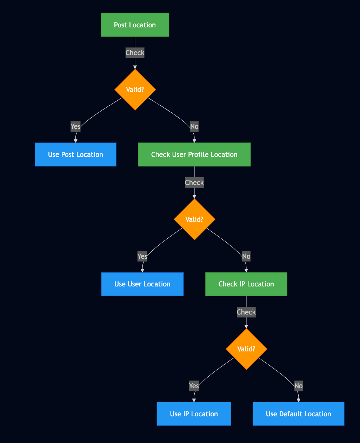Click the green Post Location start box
135,25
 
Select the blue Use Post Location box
75,154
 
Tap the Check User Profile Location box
194,154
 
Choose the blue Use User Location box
142,284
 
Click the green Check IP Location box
246,284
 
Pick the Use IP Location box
194,414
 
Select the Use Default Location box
298,414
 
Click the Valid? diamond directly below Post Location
135,90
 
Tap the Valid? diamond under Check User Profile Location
194,219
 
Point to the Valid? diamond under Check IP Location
246,349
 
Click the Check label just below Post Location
135,53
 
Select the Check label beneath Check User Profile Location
194,183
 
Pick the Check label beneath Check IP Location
246,312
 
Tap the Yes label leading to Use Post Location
75,126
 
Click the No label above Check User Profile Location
194,126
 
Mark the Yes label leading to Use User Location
142,256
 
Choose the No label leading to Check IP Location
246,256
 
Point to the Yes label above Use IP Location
194,386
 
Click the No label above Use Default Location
298,386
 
